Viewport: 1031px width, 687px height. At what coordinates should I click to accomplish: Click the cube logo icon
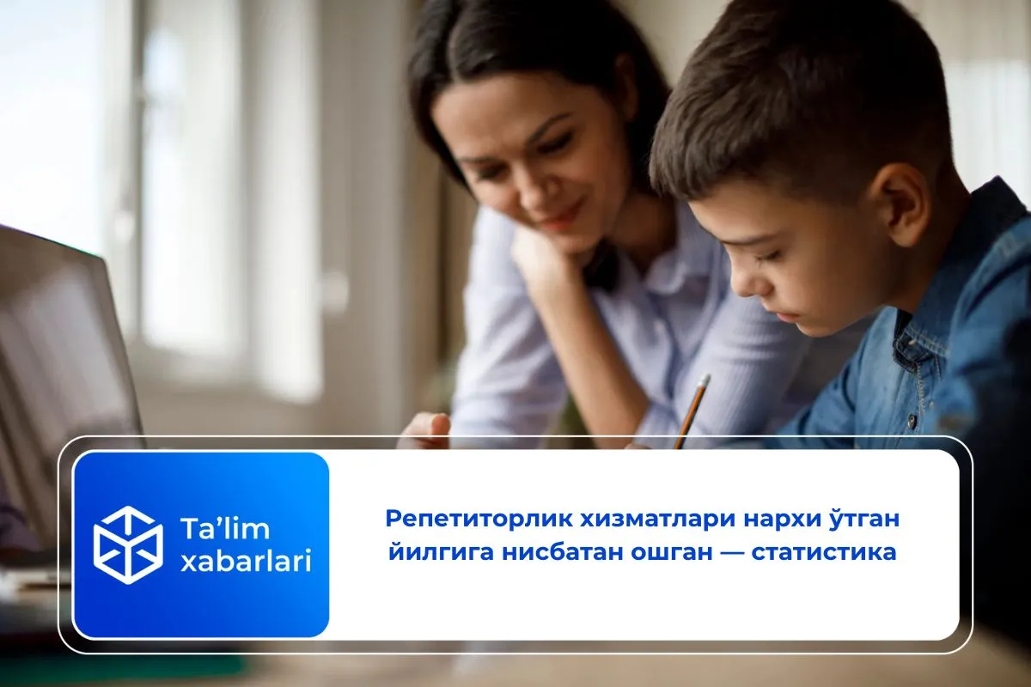(128, 544)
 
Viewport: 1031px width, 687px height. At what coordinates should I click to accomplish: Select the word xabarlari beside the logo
(246, 562)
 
